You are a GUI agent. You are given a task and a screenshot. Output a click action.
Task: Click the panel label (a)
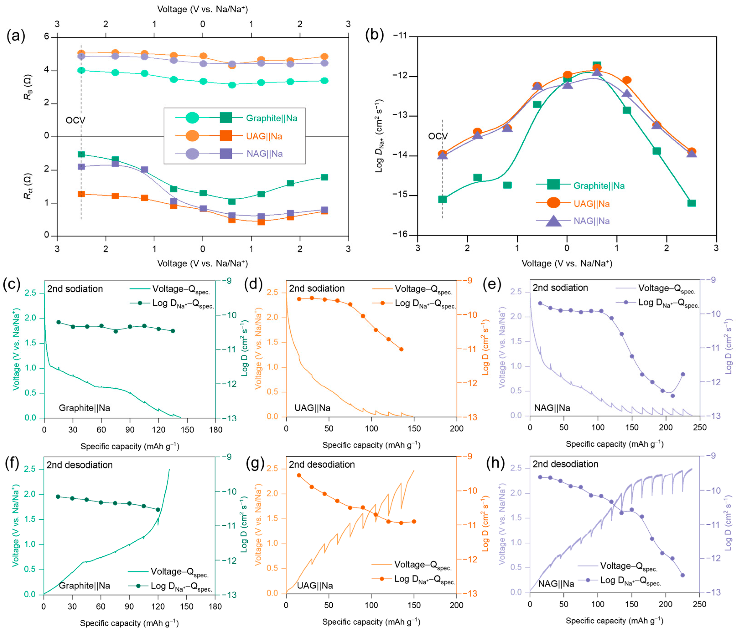[16, 36]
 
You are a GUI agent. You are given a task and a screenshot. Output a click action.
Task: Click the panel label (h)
[495, 464]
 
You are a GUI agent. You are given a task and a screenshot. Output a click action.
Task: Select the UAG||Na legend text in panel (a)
[264, 136]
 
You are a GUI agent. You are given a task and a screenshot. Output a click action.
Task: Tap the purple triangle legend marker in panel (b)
[554, 221]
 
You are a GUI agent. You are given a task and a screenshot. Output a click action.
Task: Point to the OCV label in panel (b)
[438, 136]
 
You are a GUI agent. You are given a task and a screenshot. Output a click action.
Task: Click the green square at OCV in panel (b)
[442, 199]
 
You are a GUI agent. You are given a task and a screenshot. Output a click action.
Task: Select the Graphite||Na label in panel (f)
[84, 586]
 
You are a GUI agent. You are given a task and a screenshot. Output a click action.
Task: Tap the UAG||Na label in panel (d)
[312, 408]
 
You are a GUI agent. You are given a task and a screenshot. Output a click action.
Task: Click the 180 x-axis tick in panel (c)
[215, 430]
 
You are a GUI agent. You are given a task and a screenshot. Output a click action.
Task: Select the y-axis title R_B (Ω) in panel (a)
[28, 87]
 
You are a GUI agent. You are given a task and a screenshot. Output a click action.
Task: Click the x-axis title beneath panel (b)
[567, 263]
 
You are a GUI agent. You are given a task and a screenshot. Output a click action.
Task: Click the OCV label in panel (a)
[75, 120]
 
